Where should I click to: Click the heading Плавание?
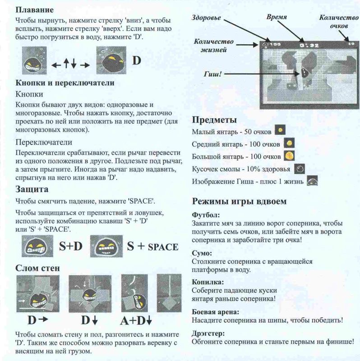pos(35,9)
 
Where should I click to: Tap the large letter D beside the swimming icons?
pos(137,60)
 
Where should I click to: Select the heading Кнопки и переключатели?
pos(65,83)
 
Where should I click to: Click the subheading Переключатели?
pos(44,143)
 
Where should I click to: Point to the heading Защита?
pos(32,189)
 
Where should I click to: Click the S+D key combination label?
pos(71,246)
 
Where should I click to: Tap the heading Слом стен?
pos(38,268)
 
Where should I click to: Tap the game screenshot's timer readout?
pos(310,44)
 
